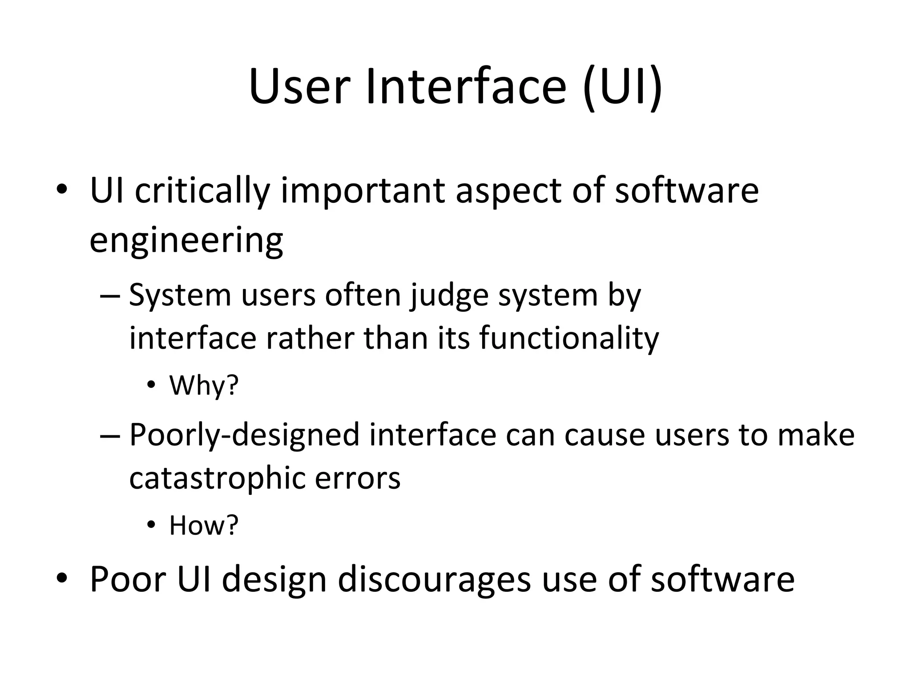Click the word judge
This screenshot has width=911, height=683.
point(449,296)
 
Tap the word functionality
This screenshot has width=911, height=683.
point(569,339)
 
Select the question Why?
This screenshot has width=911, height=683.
point(204,386)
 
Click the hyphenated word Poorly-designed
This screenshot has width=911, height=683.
point(244,435)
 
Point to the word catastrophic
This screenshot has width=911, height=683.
point(217,478)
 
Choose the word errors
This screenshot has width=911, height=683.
point(358,478)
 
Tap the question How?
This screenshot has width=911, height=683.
point(204,526)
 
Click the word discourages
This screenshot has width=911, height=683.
point(434,580)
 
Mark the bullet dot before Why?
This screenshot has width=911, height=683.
point(151,386)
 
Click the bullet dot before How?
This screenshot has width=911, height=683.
point(151,525)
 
